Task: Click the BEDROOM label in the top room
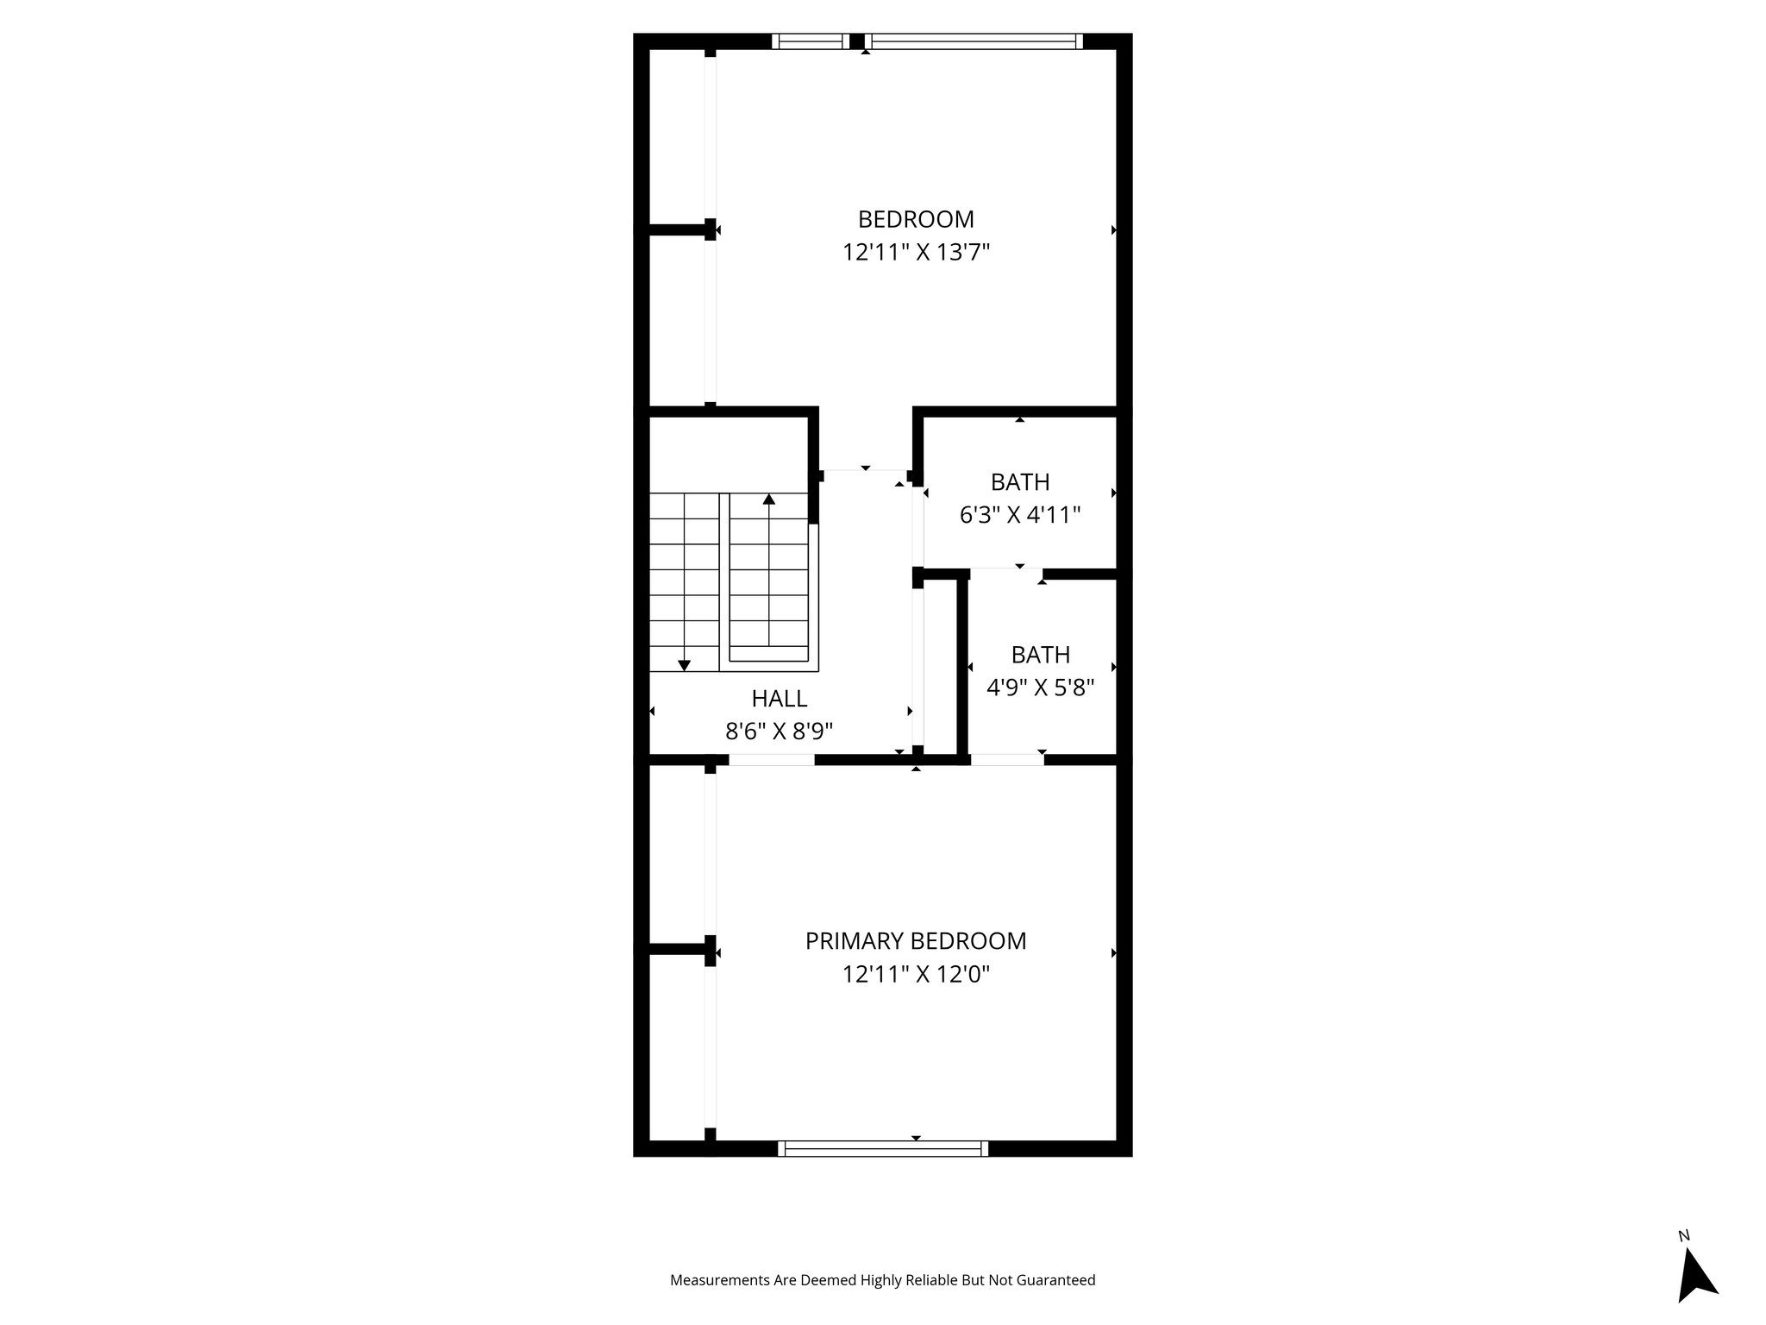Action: tap(916, 219)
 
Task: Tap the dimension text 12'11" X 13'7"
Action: tap(916, 253)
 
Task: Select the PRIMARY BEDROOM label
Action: tap(916, 941)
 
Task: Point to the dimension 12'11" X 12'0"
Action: tap(916, 975)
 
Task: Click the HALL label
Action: tap(780, 699)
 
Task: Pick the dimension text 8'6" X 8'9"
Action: tap(780, 732)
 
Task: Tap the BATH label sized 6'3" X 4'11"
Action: tap(1020, 482)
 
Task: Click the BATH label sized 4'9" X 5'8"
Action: tap(1041, 656)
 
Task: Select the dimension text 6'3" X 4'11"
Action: tap(1020, 516)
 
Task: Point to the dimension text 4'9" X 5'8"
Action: tap(1041, 688)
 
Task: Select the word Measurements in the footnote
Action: tap(720, 1280)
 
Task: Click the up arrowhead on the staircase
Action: tap(769, 499)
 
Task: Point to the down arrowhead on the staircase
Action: tap(684, 665)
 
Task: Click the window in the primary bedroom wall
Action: tap(883, 1148)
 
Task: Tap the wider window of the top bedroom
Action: tap(974, 41)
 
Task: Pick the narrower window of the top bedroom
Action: tap(811, 41)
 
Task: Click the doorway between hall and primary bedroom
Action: tap(772, 760)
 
